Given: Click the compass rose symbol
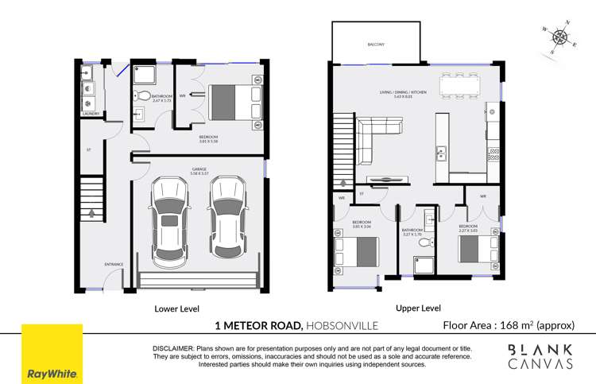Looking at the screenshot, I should pyautogui.click(x=561, y=37).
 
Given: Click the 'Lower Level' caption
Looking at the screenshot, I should pyautogui.click(x=177, y=308).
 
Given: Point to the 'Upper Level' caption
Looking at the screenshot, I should pyautogui.click(x=418, y=308).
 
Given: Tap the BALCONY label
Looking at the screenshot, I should pyautogui.click(x=376, y=45).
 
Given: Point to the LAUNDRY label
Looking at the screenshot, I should pyautogui.click(x=90, y=114).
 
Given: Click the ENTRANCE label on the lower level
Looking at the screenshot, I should pyautogui.click(x=92, y=264).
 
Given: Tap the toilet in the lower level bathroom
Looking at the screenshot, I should pyautogui.click(x=140, y=97).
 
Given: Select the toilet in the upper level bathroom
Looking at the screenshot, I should pyautogui.click(x=427, y=243).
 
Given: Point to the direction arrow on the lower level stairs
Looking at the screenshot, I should pyautogui.click(x=92, y=214).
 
